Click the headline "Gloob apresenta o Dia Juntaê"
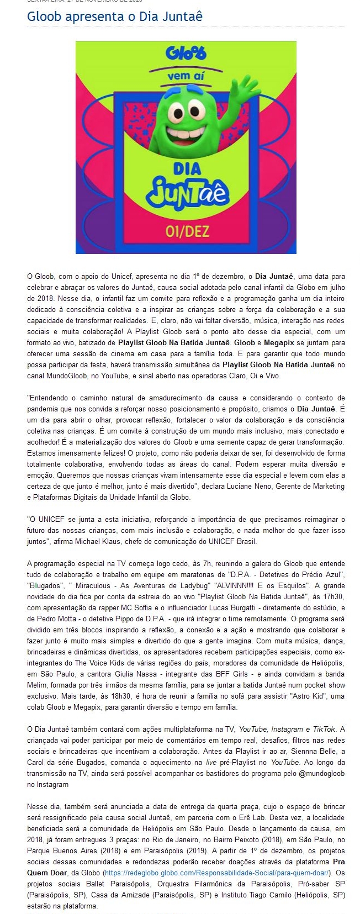coord(115,17)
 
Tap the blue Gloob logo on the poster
coord(186,53)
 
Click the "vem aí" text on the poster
coord(186,76)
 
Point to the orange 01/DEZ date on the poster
coord(187,230)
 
